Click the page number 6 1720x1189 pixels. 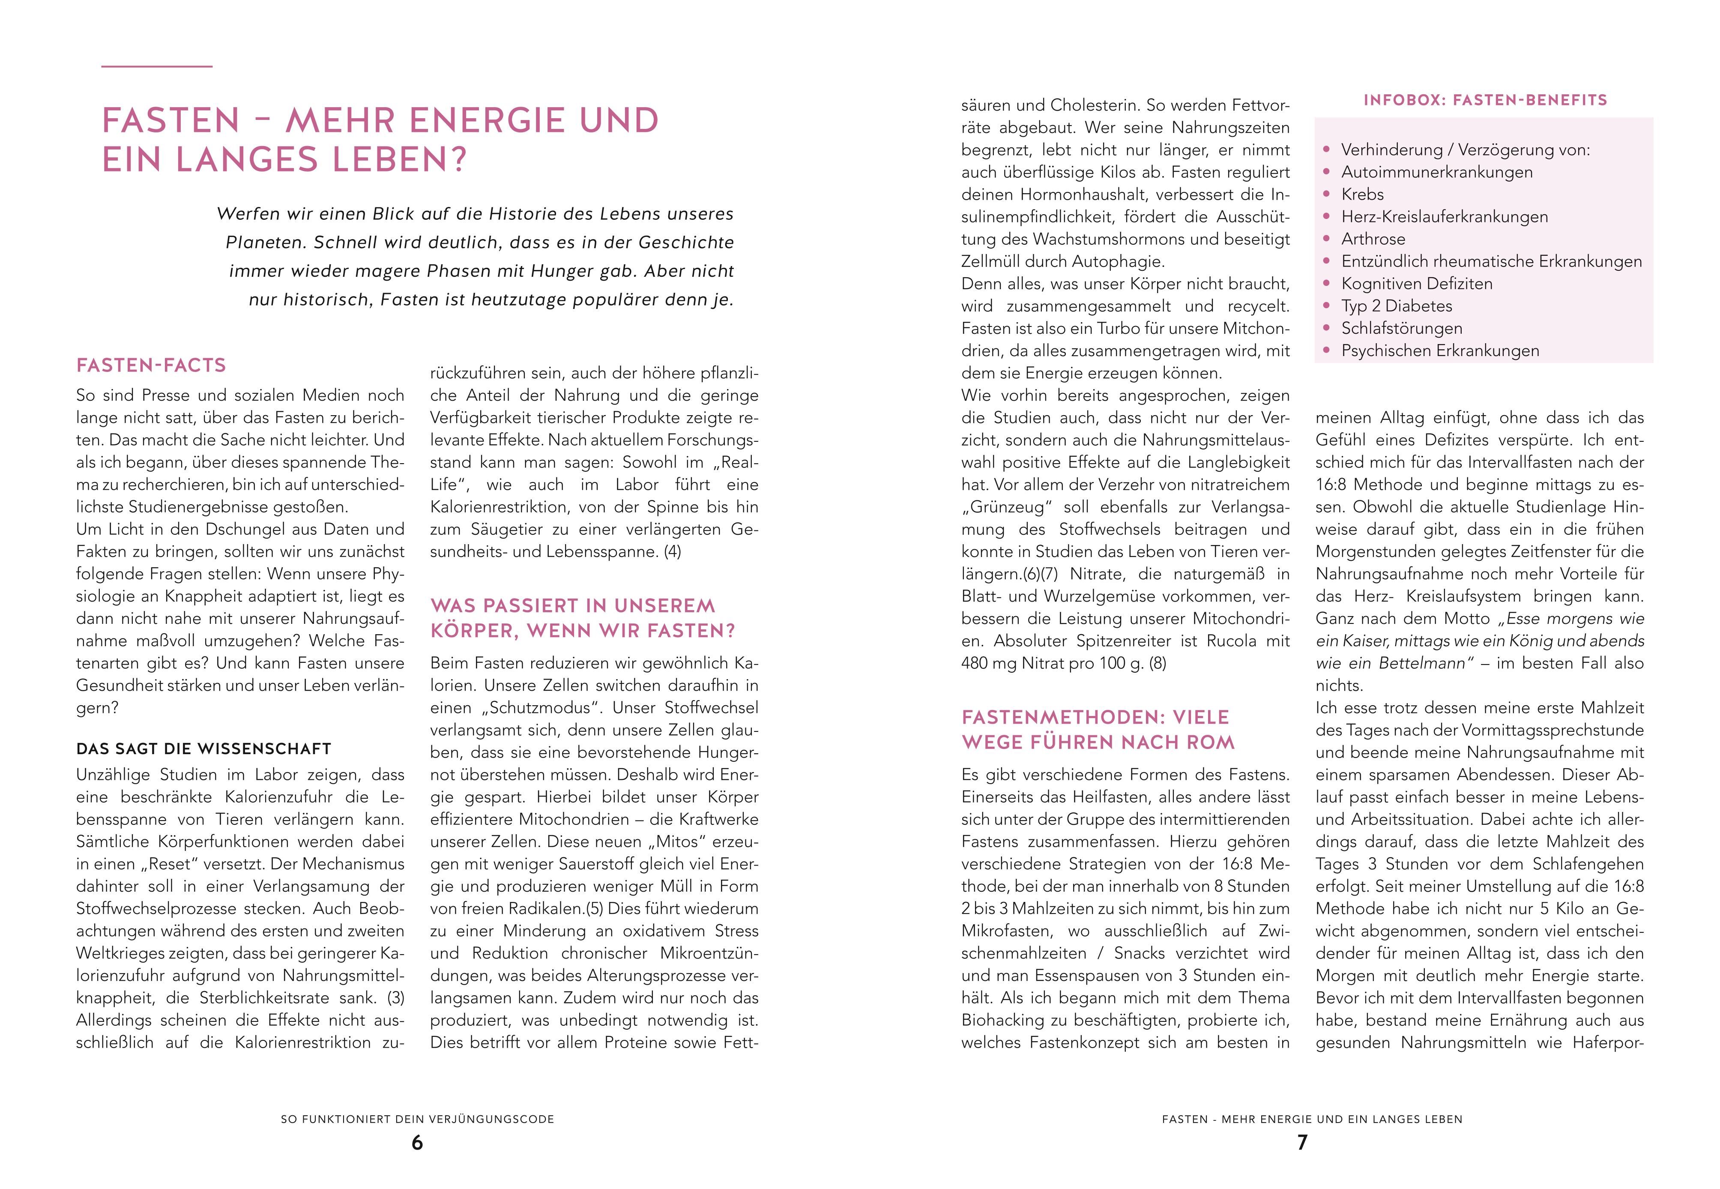[x=417, y=1143]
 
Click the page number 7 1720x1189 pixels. [x=1302, y=1143]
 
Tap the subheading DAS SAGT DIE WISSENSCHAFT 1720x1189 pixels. [x=203, y=749]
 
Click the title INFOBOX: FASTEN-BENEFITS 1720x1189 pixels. [x=1485, y=100]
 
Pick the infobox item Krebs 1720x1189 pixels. [x=1362, y=195]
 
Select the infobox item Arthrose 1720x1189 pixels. [x=1373, y=239]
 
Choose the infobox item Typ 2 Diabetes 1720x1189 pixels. [x=1397, y=306]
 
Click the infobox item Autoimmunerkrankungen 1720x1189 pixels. [x=1427, y=172]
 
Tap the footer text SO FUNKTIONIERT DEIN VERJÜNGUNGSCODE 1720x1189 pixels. [x=417, y=1119]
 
